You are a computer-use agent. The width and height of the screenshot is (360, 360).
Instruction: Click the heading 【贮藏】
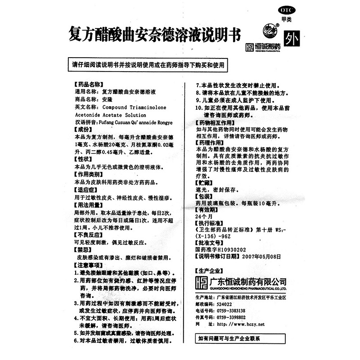205,183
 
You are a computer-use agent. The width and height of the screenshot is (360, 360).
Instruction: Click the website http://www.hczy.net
241,324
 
